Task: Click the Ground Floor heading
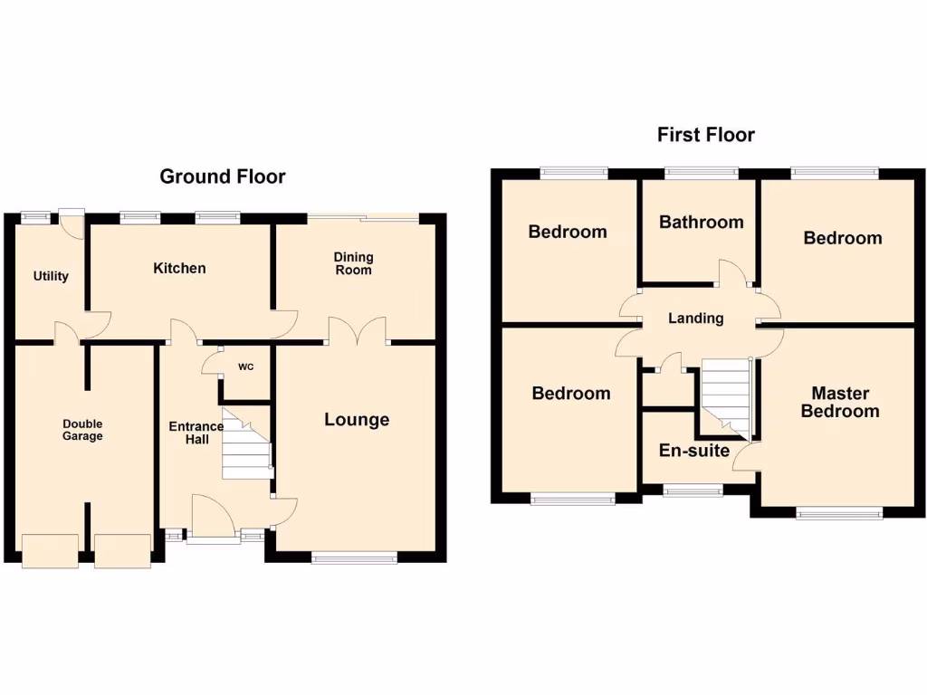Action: pos(222,176)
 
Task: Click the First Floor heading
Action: pos(705,135)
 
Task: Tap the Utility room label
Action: pos(51,276)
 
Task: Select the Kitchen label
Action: pos(179,268)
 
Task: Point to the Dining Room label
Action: pos(353,263)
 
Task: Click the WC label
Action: pos(245,367)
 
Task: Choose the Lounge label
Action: pos(357,419)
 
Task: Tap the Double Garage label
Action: pos(82,430)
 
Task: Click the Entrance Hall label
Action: pos(196,433)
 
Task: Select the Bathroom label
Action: pos(701,222)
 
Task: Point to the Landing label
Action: pos(695,318)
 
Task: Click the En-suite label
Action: pos(694,450)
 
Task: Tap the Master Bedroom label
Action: pos(840,402)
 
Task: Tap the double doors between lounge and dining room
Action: pos(358,331)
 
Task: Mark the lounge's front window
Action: pos(354,558)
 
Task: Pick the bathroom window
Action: pos(701,170)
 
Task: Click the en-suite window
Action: pos(693,490)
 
